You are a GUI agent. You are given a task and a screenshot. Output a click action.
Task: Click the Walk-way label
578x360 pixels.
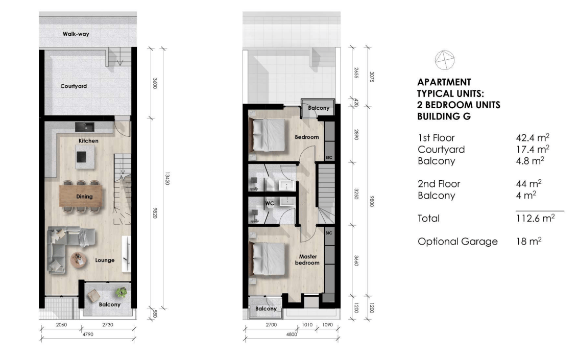click(76, 34)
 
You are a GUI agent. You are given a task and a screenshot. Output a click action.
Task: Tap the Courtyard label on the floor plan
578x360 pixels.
click(74, 86)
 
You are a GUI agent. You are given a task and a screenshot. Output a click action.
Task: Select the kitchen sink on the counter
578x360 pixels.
click(85, 127)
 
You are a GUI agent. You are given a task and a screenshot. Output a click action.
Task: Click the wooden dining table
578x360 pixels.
click(81, 196)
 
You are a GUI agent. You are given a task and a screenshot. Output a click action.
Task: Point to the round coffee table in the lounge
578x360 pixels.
click(79, 259)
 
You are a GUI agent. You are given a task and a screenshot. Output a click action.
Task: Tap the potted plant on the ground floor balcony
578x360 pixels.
click(122, 292)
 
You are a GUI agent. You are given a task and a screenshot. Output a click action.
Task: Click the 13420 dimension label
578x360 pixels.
click(167, 178)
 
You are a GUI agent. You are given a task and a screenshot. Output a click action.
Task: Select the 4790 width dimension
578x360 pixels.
click(88, 334)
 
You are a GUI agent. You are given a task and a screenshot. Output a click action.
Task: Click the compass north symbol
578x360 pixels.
click(445, 60)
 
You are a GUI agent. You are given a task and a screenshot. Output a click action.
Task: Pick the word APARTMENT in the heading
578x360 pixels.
click(444, 82)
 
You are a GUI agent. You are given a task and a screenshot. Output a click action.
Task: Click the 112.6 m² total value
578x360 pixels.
click(535, 218)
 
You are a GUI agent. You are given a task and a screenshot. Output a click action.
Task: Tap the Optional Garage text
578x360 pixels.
click(457, 242)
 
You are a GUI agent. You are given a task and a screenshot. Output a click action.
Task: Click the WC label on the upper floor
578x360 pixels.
click(270, 203)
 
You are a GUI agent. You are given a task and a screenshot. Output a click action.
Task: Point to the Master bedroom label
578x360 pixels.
click(307, 259)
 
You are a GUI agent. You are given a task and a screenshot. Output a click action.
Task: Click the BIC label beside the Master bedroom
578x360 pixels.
click(329, 233)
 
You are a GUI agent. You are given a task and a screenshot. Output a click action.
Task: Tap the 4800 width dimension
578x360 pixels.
click(291, 334)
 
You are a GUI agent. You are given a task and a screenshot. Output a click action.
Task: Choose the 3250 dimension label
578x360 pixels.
click(356, 194)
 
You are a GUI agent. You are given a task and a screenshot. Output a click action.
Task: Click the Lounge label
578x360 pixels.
click(105, 260)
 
